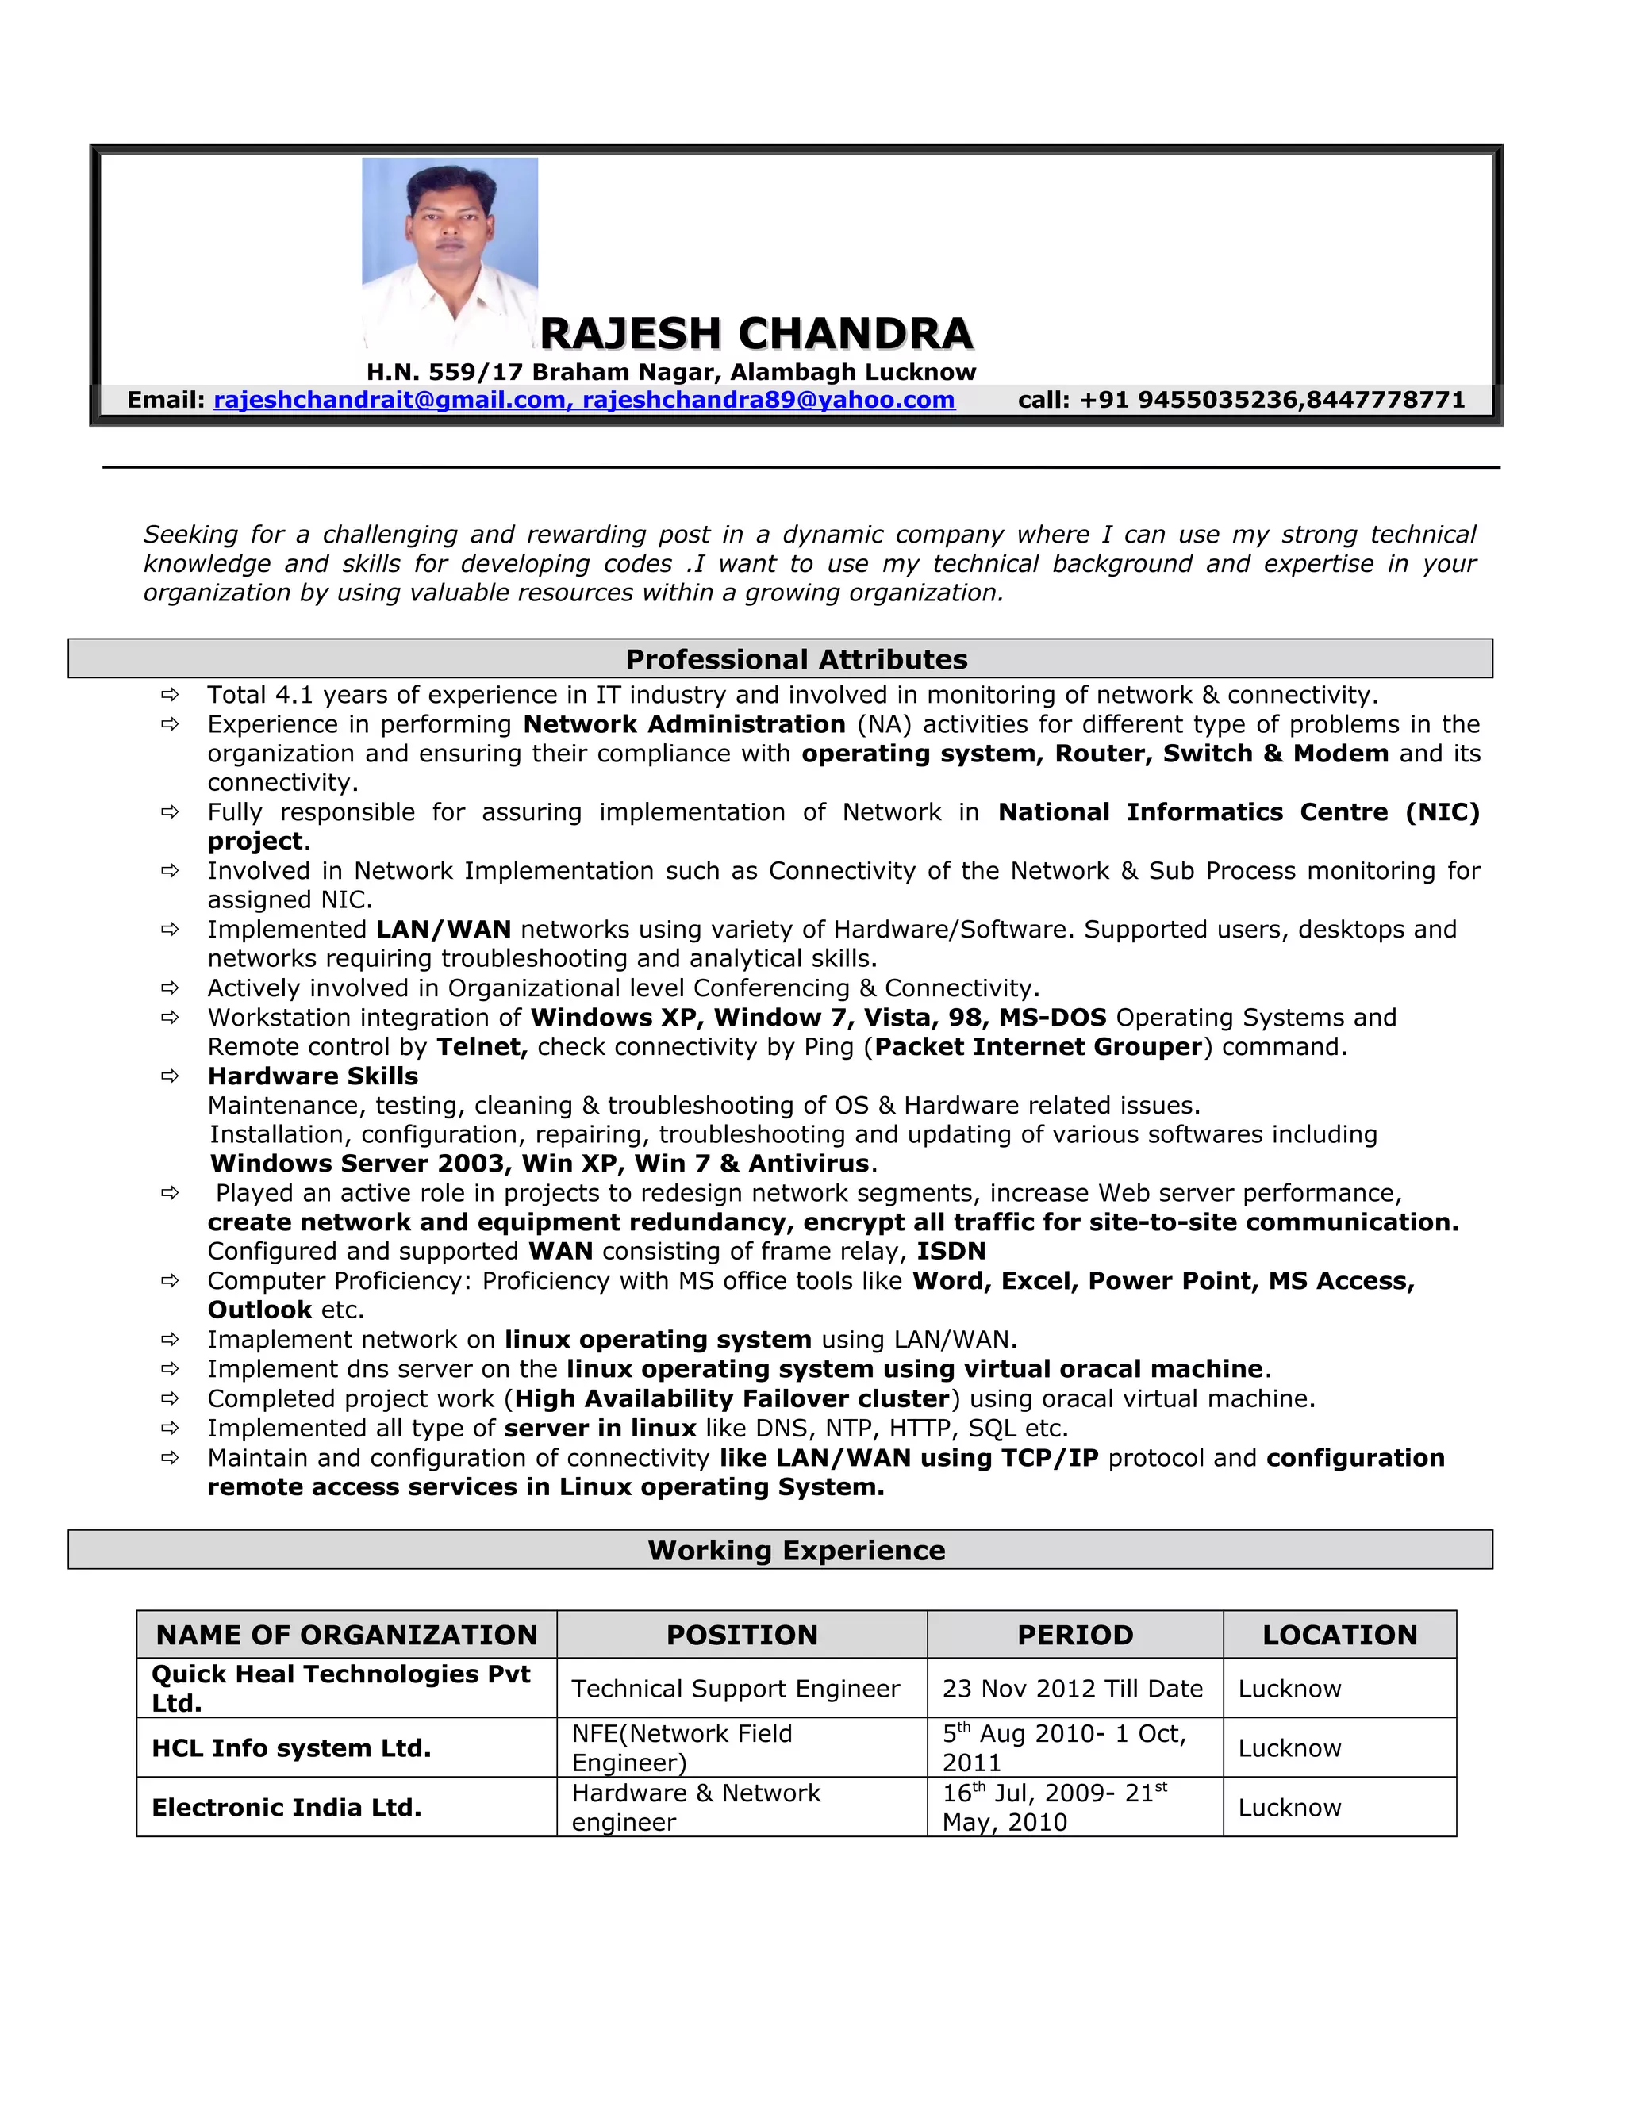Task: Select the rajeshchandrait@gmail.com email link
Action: pyautogui.click(x=390, y=400)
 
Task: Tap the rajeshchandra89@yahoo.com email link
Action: pyautogui.click(x=768, y=400)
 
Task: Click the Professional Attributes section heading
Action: pyautogui.click(x=796, y=659)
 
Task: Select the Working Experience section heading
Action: pyautogui.click(x=796, y=1550)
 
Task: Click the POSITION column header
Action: pyautogui.click(x=741, y=1634)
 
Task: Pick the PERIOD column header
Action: pyautogui.click(x=1074, y=1634)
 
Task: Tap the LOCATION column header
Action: pyautogui.click(x=1339, y=1634)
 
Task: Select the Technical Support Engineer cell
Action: pyautogui.click(x=736, y=1688)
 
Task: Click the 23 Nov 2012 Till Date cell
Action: pyautogui.click(x=1073, y=1688)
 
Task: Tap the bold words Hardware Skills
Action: pyautogui.click(x=313, y=1076)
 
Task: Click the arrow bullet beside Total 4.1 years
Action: pyautogui.click(x=171, y=695)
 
